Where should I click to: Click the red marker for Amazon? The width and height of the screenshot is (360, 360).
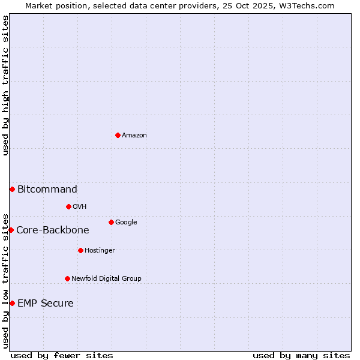click(x=118, y=135)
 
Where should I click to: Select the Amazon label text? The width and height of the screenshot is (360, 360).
click(x=134, y=136)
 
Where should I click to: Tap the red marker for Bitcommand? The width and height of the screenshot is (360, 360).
click(x=12, y=190)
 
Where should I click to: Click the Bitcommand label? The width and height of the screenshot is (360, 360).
click(x=47, y=190)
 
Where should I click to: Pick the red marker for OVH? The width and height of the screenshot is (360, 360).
click(x=68, y=207)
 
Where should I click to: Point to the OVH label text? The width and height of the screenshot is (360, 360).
click(x=80, y=207)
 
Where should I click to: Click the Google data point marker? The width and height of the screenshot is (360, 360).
click(x=111, y=223)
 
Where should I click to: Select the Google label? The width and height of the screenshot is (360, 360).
click(x=126, y=223)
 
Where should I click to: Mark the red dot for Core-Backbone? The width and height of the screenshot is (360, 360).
click(x=11, y=230)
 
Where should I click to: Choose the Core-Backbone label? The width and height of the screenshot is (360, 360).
click(x=53, y=230)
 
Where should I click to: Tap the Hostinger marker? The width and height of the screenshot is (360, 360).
click(x=80, y=250)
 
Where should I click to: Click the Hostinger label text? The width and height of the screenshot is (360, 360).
click(x=100, y=251)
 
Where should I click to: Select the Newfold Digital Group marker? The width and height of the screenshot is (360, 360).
click(x=67, y=278)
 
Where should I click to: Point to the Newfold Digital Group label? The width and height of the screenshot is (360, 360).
click(x=107, y=279)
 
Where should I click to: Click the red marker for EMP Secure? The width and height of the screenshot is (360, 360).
click(x=12, y=304)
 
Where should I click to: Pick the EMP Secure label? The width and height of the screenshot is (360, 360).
click(x=46, y=304)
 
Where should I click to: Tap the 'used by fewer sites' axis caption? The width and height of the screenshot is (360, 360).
click(x=62, y=355)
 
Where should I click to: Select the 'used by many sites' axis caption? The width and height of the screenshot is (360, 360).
click(x=301, y=355)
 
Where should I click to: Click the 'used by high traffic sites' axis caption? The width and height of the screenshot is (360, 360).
click(x=6, y=85)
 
